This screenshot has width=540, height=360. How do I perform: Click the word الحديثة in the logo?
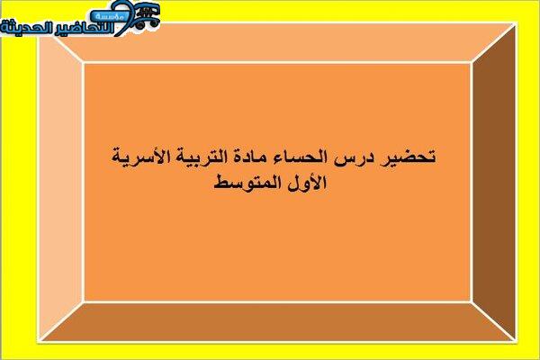(x=25, y=28)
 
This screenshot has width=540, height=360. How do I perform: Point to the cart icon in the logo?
(x=147, y=15)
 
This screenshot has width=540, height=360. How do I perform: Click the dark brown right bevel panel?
(x=493, y=183)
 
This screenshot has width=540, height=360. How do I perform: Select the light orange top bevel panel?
(x=275, y=43)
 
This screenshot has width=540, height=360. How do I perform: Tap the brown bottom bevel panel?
(x=275, y=322)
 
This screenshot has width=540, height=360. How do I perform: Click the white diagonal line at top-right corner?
(x=493, y=43)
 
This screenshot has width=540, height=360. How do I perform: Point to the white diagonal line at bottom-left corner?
(x=61, y=322)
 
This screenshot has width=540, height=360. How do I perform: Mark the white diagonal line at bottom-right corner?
(x=493, y=322)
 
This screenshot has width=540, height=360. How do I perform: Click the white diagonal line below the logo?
(x=68, y=49)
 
